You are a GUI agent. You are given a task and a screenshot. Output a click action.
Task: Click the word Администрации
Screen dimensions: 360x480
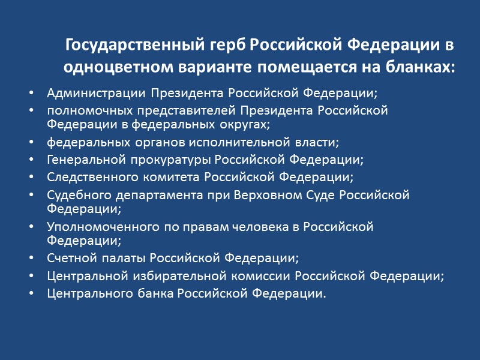tap(96, 94)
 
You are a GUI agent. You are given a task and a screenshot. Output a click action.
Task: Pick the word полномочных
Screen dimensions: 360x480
tap(84, 112)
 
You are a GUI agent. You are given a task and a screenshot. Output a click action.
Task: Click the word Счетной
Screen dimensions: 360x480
tap(67, 259)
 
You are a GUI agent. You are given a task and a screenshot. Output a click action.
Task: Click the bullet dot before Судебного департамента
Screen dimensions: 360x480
tap(31, 196)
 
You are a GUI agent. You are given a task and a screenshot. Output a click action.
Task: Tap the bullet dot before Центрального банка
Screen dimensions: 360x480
tap(31, 294)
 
